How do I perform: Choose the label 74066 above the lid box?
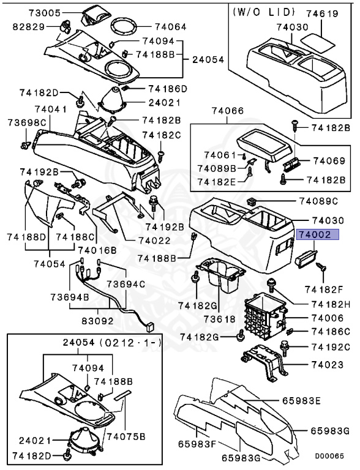228,111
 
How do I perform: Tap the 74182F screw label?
327,288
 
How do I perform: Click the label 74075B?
127,436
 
